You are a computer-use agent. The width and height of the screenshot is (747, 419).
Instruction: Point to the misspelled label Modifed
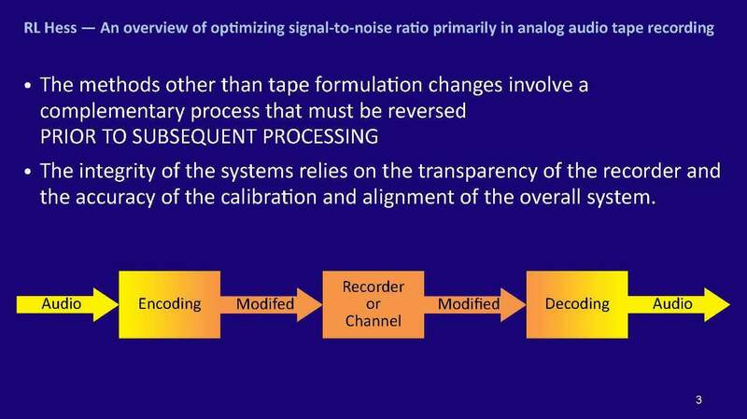[x=265, y=305]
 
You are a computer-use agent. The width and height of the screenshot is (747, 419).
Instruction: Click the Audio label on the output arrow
[x=671, y=305]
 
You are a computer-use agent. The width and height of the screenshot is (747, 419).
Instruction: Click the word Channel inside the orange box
[x=360, y=324]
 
